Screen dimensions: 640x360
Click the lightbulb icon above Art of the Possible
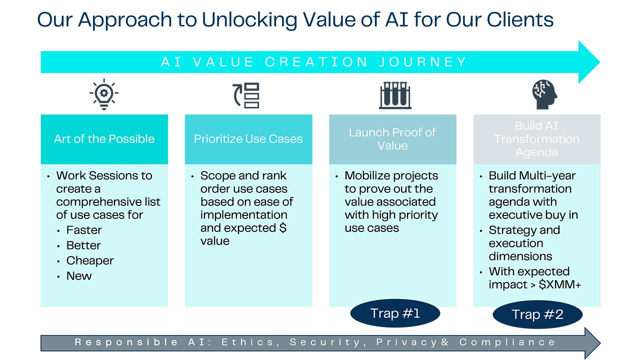(x=104, y=94)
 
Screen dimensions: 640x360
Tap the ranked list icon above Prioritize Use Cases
(x=246, y=95)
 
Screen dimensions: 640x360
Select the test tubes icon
(x=395, y=95)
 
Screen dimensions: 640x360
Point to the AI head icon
(x=544, y=94)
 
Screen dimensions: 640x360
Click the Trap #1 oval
(x=395, y=313)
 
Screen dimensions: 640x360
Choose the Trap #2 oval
(x=537, y=314)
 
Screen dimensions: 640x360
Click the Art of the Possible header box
(x=104, y=139)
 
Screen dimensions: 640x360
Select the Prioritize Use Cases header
(x=248, y=139)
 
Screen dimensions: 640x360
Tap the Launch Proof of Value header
(x=392, y=139)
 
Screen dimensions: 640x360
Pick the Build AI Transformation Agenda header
(x=537, y=139)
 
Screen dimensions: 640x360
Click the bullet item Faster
(x=84, y=230)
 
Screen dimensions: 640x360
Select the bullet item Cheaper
(x=90, y=261)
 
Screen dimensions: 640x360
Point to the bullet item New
(x=79, y=276)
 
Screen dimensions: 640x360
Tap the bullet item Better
(x=83, y=245)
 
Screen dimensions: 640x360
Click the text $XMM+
(x=559, y=284)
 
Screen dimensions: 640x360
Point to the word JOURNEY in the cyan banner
(x=423, y=62)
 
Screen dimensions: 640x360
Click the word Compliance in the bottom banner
(x=507, y=342)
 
